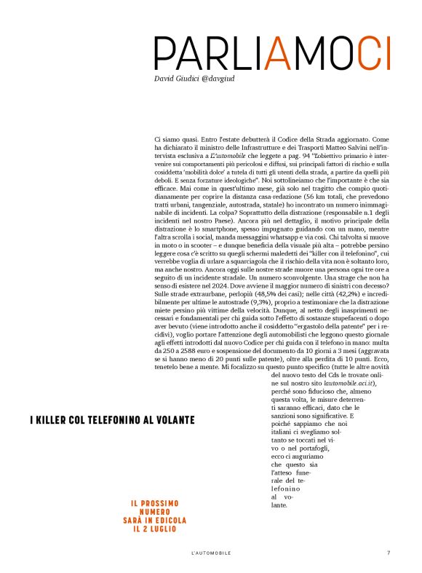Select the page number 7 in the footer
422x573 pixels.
tap(389, 553)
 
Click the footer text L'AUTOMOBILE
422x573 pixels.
tap(210, 553)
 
